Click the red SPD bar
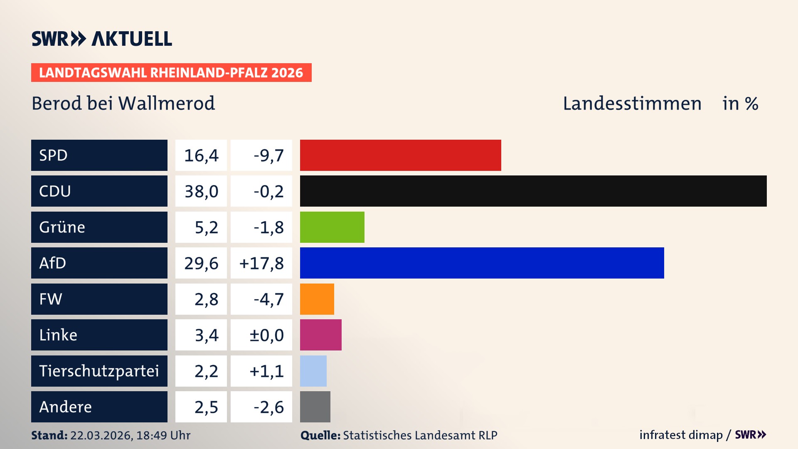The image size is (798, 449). [x=400, y=155]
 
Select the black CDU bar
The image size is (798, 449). [x=533, y=191]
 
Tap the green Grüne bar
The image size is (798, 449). [x=332, y=227]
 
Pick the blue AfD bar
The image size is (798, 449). [x=482, y=263]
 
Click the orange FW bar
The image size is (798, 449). [x=317, y=299]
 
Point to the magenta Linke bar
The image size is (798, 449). [x=320, y=335]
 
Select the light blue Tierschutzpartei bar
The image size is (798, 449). [x=313, y=371]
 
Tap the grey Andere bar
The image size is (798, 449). [x=315, y=407]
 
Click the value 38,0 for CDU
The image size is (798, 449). [x=201, y=191]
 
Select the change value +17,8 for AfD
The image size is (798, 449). [x=261, y=263]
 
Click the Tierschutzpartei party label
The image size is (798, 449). [x=99, y=371]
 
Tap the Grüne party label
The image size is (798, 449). [x=62, y=227]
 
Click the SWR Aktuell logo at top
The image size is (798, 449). [x=102, y=39]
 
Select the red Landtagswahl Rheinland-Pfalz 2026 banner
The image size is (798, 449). [x=171, y=73]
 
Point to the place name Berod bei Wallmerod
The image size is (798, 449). [x=123, y=103]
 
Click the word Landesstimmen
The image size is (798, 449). [x=632, y=103]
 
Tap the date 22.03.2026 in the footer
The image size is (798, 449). [x=101, y=435]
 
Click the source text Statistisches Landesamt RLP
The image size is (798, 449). [x=420, y=435]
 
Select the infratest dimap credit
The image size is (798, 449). [x=681, y=435]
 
